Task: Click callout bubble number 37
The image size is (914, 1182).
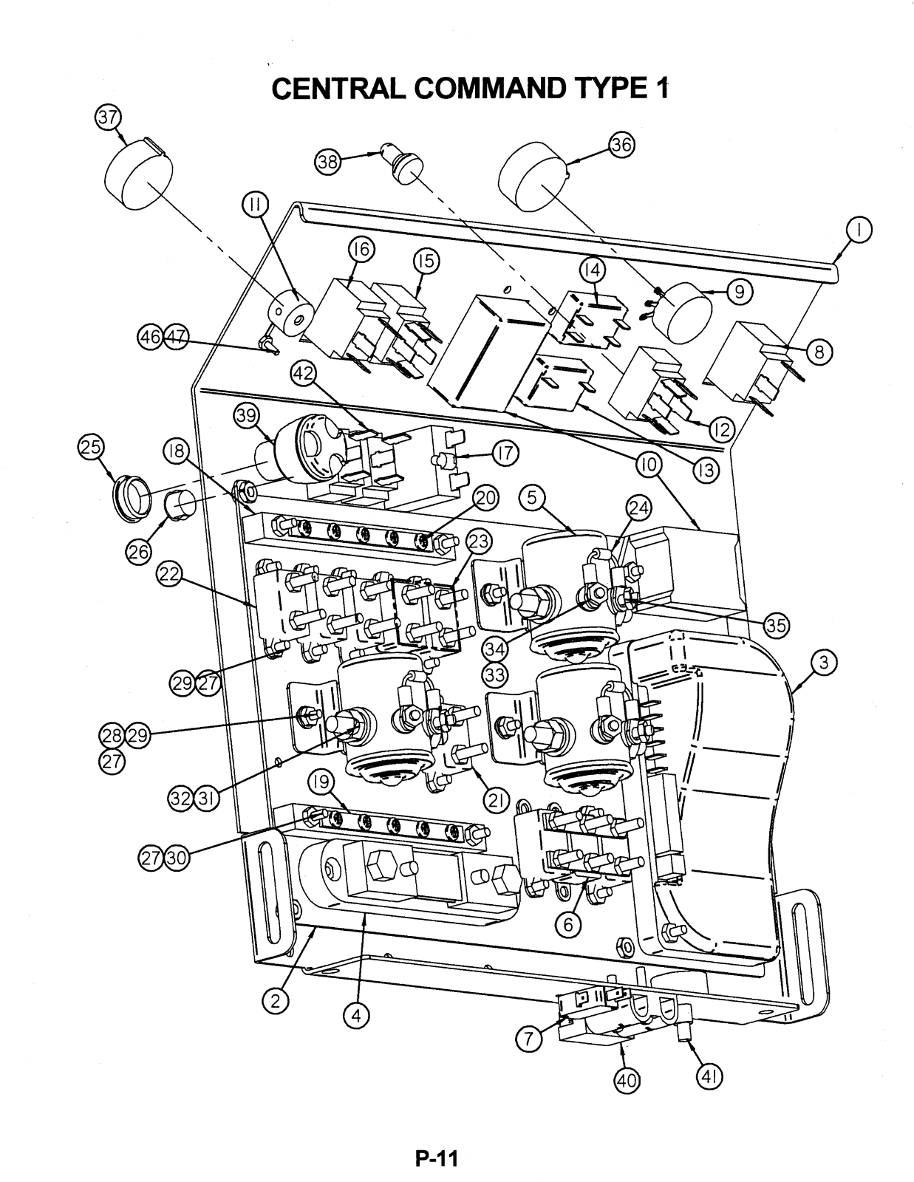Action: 109,118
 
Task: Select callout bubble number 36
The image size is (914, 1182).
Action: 622,145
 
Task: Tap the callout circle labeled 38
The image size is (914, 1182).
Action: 328,162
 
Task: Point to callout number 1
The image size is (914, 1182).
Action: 859,230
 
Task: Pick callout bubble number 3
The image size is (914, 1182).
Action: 824,663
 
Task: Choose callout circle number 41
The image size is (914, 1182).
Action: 709,1076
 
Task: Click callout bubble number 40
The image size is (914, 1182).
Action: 627,1080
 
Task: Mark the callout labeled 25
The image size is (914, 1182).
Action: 91,447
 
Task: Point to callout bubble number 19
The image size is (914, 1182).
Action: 321,782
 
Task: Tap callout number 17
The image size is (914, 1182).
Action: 505,453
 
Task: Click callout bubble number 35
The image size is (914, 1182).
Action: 776,626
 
